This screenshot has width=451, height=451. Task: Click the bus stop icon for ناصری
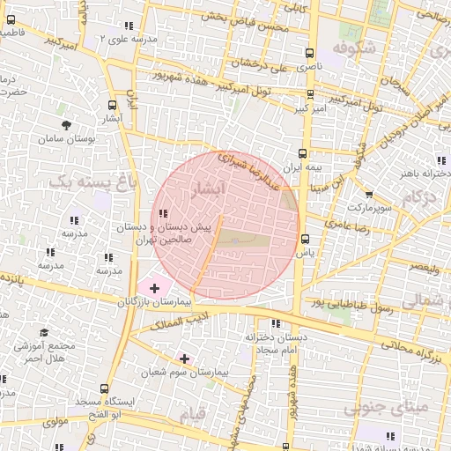308,53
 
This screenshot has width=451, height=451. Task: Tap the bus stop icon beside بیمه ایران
304,152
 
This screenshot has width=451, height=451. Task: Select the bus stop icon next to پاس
306,239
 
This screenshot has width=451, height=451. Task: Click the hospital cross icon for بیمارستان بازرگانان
155,288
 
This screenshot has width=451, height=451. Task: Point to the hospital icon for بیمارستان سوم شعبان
184,359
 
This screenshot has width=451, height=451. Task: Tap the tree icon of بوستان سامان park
66,125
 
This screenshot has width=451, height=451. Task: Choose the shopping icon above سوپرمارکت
368,195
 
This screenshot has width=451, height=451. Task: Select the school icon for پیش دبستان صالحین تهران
163,212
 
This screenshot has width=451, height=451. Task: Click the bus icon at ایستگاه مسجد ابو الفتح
105,388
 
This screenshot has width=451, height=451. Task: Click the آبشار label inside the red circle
208,189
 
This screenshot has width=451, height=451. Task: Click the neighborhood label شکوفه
356,49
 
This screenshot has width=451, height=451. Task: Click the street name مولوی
55,422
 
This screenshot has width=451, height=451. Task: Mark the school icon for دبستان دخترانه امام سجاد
276,323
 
